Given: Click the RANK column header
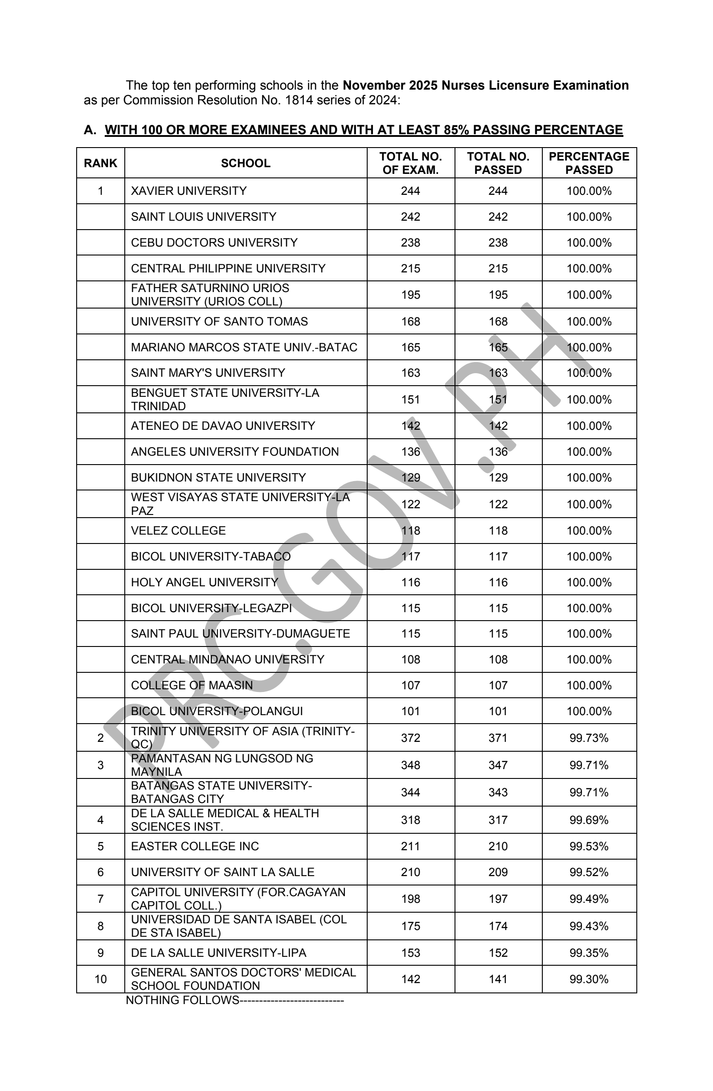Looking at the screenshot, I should click(100, 163).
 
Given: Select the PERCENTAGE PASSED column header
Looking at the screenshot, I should click(588, 163).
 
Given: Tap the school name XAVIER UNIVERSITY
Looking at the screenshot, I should click(189, 191).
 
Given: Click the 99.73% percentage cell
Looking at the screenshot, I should click(588, 737).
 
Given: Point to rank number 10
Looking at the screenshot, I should click(100, 979).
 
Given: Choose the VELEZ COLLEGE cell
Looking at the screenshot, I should click(178, 531).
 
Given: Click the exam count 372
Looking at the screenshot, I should click(410, 737).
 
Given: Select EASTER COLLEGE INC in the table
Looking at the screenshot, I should click(195, 846).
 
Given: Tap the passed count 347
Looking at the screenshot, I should click(498, 765).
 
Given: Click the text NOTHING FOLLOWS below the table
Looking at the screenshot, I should click(182, 1000).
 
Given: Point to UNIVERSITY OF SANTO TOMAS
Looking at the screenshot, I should click(219, 321).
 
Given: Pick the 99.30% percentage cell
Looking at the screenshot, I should click(588, 979).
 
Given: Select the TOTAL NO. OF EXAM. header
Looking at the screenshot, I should click(410, 163).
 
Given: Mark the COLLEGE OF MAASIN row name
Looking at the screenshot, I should click(192, 685).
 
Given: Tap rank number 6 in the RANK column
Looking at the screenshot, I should click(100, 872).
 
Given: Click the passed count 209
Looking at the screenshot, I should click(498, 872).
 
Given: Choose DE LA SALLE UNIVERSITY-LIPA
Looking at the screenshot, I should click(218, 952).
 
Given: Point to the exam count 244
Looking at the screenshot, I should click(410, 191).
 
